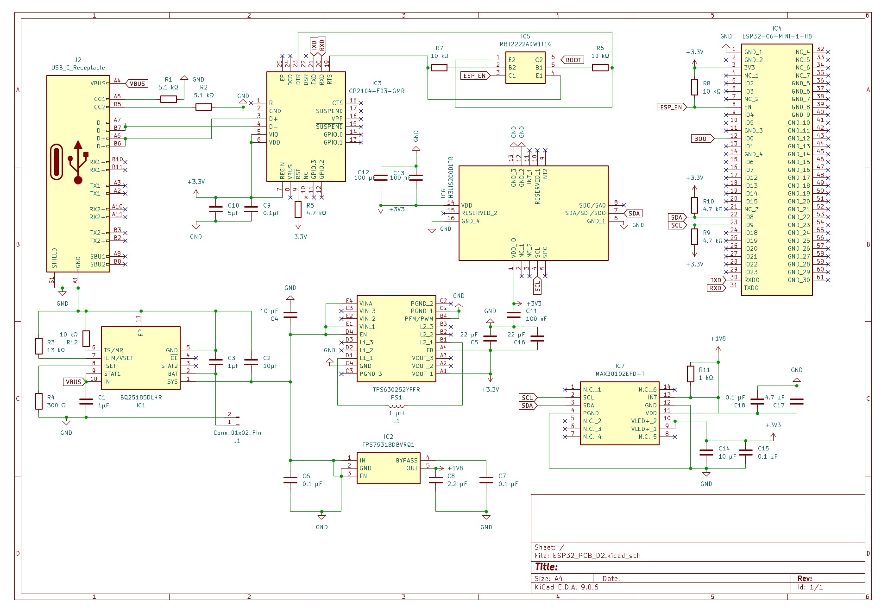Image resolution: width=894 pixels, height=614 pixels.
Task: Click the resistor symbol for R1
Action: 169,99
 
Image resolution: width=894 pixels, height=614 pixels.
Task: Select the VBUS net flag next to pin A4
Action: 137,84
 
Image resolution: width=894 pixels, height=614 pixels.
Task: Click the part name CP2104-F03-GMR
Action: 377,91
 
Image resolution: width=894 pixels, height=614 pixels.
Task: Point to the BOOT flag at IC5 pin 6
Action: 573,60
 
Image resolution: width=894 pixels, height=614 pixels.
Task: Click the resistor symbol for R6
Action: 600,68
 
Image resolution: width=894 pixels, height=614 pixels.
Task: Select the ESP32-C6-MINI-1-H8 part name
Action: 777,37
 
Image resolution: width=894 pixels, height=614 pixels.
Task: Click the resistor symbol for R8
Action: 694,87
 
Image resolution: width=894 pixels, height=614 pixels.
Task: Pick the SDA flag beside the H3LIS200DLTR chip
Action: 634,214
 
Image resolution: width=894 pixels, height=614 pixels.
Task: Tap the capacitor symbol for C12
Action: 381,177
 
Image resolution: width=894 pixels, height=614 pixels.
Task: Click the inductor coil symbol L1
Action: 396,406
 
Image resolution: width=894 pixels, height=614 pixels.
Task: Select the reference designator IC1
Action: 141,405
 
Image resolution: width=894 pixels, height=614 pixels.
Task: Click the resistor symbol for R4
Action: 39,401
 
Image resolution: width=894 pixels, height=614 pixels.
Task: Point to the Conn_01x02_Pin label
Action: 237,433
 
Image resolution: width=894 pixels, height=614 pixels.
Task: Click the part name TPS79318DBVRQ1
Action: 388,445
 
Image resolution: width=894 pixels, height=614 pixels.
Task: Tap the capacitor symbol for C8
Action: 436,480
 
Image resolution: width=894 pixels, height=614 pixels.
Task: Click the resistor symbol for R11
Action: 691,374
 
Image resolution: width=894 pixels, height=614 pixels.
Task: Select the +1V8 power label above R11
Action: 718,339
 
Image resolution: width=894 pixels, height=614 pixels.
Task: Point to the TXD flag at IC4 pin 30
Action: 716,280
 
